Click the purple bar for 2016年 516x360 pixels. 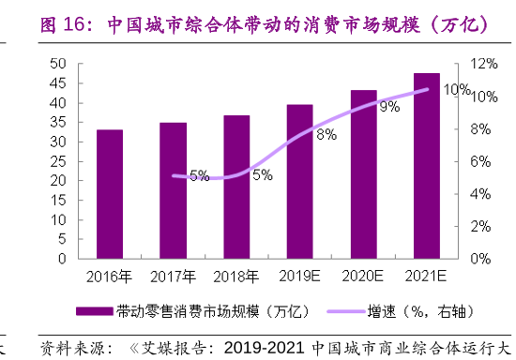pos(110,194)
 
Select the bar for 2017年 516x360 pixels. pos(173,190)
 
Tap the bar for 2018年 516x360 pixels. pos(236,187)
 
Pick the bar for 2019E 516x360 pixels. pos(300,181)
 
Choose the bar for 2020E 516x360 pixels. pos(363,174)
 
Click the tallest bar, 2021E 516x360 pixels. pos(427,165)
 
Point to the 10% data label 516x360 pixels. pos(457,90)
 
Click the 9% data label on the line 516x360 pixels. pos(389,108)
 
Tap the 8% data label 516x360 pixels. pos(326,135)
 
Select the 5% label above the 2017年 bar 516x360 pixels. pos(199,175)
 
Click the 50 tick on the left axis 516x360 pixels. pos(57,64)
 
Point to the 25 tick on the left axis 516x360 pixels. pos(57,161)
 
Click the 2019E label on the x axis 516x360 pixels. pos(300,277)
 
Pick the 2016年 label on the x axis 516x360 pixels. pos(110,277)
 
